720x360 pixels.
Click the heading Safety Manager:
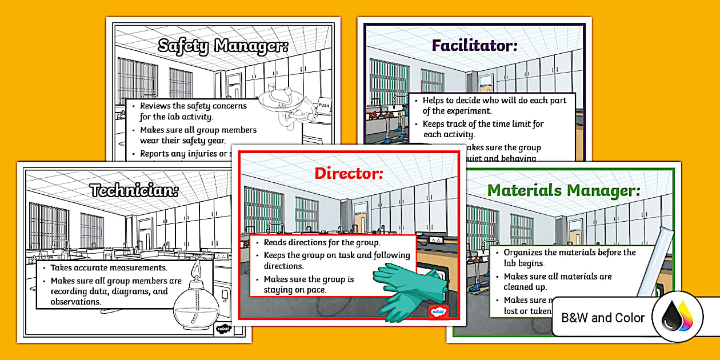tap(223, 46)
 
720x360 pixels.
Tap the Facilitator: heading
tap(474, 45)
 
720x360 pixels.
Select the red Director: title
tap(349, 173)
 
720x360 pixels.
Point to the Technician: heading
tap(134, 191)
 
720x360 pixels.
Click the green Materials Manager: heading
tap(563, 190)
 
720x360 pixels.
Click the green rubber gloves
tap(409, 289)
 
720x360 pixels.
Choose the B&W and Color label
tap(603, 318)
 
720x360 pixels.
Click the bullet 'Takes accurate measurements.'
tap(109, 267)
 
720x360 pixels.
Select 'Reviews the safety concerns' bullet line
tap(193, 106)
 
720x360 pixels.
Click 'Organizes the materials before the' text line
tap(569, 252)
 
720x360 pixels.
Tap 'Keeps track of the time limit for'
tap(483, 123)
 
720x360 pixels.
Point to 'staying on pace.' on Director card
tap(295, 290)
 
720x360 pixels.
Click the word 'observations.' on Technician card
tap(75, 302)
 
